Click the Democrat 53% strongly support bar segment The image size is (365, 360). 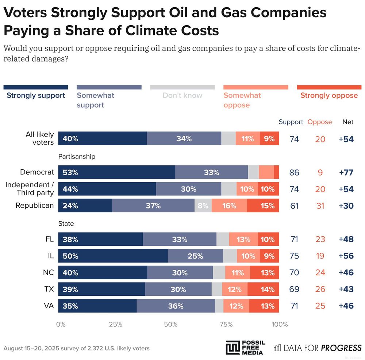pos(117,172)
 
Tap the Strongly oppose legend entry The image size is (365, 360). pos(329,96)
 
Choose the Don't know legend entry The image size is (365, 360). pos(182,96)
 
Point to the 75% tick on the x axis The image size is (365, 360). pos(226,324)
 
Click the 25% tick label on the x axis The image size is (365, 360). pos(115,324)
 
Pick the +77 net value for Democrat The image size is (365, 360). pos(346,172)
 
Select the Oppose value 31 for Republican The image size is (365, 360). pos(320,206)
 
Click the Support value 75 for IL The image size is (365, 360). pos(294,256)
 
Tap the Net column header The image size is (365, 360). pos(348,122)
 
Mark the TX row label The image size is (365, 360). pos(49,289)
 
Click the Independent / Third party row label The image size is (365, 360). pos(30,189)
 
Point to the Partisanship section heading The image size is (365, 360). pos(77,157)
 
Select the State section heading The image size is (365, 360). pos(66,224)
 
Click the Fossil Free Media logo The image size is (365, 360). pos(245,347)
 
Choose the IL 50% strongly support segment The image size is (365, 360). pos(113,256)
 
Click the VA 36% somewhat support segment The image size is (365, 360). pos(176,306)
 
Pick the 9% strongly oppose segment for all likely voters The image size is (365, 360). pos(269,139)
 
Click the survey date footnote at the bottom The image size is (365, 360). pos(77,348)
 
